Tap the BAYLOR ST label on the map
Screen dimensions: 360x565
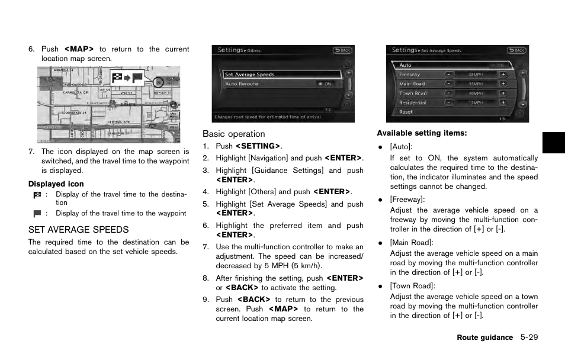(162, 93)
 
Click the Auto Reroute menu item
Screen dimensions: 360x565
(241, 84)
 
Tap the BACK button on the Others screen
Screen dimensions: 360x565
(342, 51)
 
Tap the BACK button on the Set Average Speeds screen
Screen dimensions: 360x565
(516, 51)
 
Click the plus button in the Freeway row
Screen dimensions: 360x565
(503, 75)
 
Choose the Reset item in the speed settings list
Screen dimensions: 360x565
(406, 112)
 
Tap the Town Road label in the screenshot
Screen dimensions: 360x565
(413, 94)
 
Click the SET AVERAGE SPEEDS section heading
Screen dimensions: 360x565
(78, 230)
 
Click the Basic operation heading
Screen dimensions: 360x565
(234, 134)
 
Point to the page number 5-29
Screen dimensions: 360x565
(529, 337)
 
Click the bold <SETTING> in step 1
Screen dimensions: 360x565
(258, 146)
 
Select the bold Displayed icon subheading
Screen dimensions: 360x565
(56, 184)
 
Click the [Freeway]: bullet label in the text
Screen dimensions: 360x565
(407, 200)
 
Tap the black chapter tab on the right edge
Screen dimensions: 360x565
(553, 143)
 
